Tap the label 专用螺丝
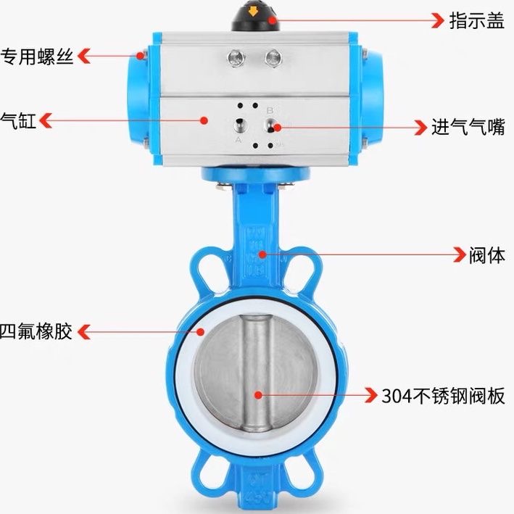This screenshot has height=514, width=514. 38,56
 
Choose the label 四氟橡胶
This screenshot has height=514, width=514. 36,332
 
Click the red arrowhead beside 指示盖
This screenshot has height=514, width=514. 437,20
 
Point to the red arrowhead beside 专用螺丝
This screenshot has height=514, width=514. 84,55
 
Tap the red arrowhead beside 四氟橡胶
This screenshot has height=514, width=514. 84,332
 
